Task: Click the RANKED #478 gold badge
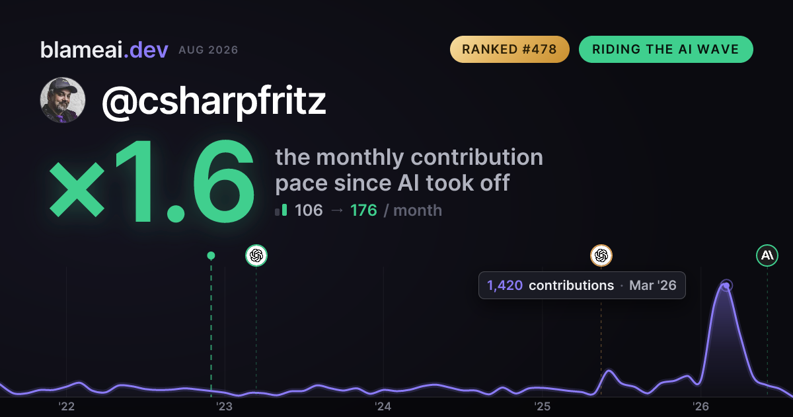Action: pyautogui.click(x=510, y=49)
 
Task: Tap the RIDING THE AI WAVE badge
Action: pyautogui.click(x=665, y=49)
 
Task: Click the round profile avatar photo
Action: pyautogui.click(x=63, y=101)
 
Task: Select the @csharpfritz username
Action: pyautogui.click(x=213, y=101)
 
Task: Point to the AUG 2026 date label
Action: pyautogui.click(x=208, y=50)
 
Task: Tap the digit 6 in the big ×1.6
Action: pyautogui.click(x=223, y=181)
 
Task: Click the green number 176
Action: pyautogui.click(x=363, y=210)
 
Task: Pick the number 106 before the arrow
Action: pyautogui.click(x=309, y=210)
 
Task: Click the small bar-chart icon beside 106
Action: pyautogui.click(x=281, y=210)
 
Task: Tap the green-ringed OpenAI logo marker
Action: pyautogui.click(x=256, y=255)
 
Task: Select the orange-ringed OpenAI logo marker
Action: pyautogui.click(x=601, y=255)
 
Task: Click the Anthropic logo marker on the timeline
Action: pyautogui.click(x=767, y=255)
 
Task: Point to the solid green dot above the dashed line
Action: pyautogui.click(x=211, y=255)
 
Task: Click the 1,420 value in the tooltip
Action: pyautogui.click(x=505, y=285)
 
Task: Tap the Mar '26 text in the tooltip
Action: pyautogui.click(x=653, y=285)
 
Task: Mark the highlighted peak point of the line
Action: pyautogui.click(x=726, y=285)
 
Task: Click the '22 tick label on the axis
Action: pyautogui.click(x=66, y=406)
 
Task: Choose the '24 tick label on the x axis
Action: pyautogui.click(x=383, y=406)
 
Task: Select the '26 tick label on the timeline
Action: pyautogui.click(x=700, y=406)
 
